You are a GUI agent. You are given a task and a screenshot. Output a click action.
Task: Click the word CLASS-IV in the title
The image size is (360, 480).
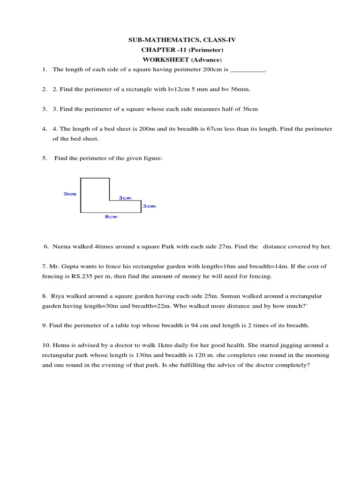coord(219,40)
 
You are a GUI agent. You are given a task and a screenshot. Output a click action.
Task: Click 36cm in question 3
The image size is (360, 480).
coord(250,109)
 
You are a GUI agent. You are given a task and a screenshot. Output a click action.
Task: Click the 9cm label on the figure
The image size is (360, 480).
coord(70,194)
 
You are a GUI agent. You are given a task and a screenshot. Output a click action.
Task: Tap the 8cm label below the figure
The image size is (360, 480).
coord(111,217)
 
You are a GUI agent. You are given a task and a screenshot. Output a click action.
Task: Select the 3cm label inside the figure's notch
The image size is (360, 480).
coord(125,198)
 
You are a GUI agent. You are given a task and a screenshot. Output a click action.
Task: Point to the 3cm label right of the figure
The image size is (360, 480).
coord(149,206)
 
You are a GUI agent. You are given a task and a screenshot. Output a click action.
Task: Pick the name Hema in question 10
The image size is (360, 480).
coord(60,345)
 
